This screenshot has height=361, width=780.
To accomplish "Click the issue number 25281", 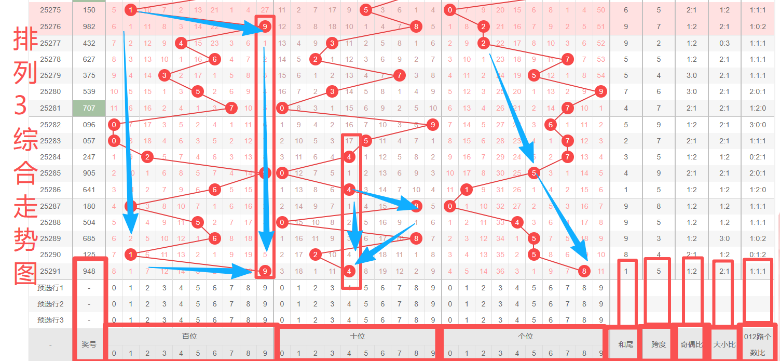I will [x=50, y=108].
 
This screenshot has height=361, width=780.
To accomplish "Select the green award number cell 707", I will [x=89, y=108].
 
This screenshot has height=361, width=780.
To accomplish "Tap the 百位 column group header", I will [x=189, y=336].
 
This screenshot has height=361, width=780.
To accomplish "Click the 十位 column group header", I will [x=358, y=336].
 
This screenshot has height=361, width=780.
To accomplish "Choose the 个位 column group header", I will [x=525, y=336].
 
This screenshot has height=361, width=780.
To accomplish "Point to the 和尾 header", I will [x=625, y=344].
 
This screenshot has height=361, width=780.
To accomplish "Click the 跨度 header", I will [x=659, y=344].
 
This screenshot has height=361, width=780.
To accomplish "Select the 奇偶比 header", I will [x=691, y=344].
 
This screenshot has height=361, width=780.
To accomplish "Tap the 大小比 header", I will [x=724, y=344].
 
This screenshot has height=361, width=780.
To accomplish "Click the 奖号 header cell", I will [x=89, y=344].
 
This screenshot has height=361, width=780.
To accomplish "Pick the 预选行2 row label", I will [x=50, y=304].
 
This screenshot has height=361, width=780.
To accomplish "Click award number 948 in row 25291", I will [x=89, y=271].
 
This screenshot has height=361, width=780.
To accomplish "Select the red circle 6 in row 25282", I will [x=551, y=125].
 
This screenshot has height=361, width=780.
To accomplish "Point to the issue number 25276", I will [x=50, y=26].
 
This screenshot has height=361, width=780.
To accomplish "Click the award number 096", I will [x=89, y=125].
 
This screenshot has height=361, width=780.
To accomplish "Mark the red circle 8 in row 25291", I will [x=584, y=271].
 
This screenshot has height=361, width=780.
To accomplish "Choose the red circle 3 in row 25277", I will [x=332, y=43].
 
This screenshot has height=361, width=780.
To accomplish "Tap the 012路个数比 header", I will [x=758, y=344].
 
